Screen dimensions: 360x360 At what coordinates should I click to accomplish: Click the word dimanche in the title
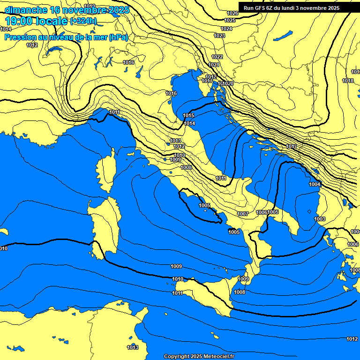pyautogui.click(x=23, y=10)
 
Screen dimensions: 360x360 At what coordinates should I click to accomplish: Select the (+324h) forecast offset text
pyautogui.click(x=83, y=21)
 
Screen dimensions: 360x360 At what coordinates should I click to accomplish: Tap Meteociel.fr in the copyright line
pyautogui.click(x=218, y=357)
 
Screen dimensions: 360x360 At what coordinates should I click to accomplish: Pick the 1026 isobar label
pyautogui.click(x=232, y=13)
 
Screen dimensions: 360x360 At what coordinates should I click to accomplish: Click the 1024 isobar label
pyautogui.click(x=226, y=29)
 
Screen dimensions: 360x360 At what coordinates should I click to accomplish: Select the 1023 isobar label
pyautogui.click(x=219, y=36)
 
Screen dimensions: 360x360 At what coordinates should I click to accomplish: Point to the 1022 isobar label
pyautogui.click(x=217, y=57)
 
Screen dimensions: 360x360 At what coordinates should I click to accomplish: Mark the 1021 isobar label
pyautogui.click(x=214, y=65)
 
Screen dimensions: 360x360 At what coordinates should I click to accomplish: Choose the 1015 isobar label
pyautogui.click(x=188, y=115)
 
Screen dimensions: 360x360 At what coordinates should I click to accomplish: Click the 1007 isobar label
pyautogui.click(x=242, y=214)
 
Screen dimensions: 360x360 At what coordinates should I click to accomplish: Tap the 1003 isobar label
pyautogui.click(x=320, y=219)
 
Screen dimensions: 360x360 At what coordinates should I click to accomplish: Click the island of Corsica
pyautogui.click(x=105, y=171)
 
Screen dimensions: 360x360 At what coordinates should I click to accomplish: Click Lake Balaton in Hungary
pyautogui.click(x=283, y=36)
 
